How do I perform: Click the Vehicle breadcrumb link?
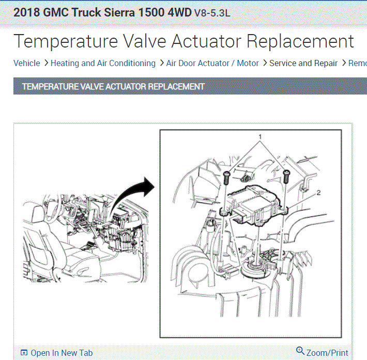click(x=27, y=63)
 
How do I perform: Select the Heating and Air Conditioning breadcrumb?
click(x=103, y=63)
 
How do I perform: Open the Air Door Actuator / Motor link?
click(x=212, y=63)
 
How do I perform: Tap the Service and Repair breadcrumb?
click(x=303, y=63)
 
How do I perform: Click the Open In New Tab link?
click(x=62, y=353)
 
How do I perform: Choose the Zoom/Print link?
click(x=327, y=353)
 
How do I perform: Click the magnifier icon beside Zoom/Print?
click(x=300, y=351)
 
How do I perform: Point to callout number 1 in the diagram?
click(x=260, y=136)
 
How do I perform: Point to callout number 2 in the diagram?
click(x=318, y=193)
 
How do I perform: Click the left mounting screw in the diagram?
click(x=226, y=178)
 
